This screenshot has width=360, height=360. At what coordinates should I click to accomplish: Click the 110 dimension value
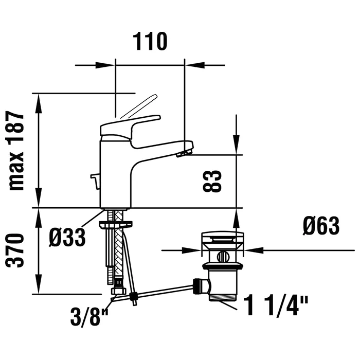click(150, 42)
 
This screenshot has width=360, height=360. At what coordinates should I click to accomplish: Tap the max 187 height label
click(16, 151)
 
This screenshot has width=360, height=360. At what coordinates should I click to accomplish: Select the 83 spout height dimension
click(212, 181)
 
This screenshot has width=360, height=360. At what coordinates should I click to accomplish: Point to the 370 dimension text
click(15, 250)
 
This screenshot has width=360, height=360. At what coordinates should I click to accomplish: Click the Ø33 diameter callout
click(67, 238)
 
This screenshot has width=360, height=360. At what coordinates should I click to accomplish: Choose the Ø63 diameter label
click(321, 226)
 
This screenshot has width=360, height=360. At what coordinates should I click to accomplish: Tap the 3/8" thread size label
click(89, 317)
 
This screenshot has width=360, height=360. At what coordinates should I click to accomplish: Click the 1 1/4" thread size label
click(276, 306)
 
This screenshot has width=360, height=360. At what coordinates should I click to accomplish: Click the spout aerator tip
click(184, 153)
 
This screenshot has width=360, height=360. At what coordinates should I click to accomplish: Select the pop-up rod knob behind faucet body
click(95, 181)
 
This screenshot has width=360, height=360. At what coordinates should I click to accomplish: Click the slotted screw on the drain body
click(223, 257)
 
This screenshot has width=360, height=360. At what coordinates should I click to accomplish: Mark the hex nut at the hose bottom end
click(119, 291)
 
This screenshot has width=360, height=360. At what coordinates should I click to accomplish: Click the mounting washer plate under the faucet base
click(116, 224)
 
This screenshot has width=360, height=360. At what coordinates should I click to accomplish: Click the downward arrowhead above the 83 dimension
click(236, 145)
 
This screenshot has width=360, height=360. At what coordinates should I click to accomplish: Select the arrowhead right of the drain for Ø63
click(254, 250)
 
